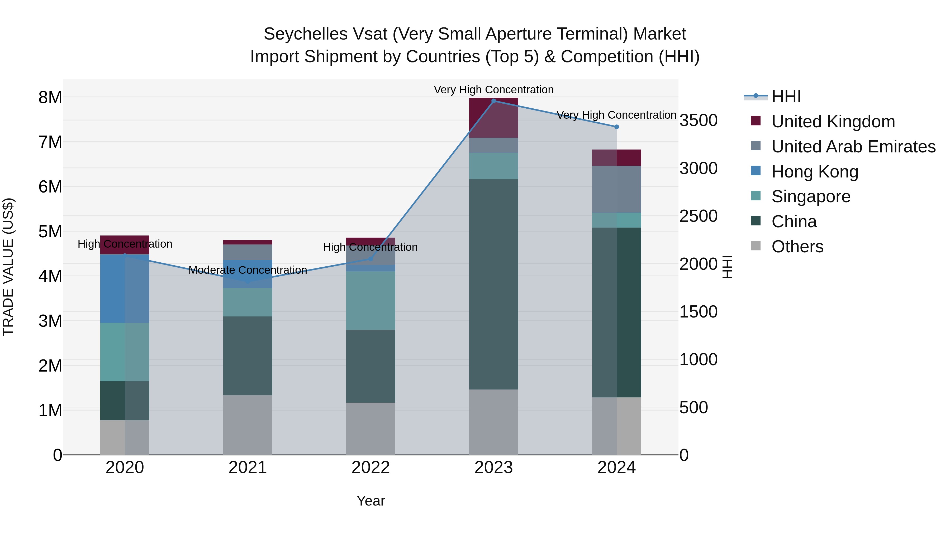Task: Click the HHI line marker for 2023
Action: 493,101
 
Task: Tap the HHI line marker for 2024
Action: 617,127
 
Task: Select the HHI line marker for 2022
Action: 371,259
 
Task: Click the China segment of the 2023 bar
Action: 493,284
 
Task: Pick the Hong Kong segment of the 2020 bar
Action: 125,288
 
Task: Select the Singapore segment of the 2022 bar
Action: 371,300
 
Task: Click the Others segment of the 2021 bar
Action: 248,425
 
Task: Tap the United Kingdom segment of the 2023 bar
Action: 493,117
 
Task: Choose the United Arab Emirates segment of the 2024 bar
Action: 617,189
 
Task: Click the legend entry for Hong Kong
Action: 815,172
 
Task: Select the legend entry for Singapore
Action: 811,196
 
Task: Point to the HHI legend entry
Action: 786,97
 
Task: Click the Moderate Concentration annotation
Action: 248,270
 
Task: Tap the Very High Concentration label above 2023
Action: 493,90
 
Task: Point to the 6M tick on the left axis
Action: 50,187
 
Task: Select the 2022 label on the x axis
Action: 371,468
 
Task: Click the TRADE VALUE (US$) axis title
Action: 8,267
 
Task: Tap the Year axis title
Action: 371,501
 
